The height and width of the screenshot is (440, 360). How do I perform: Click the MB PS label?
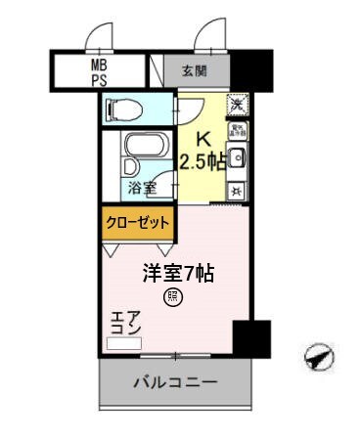99,71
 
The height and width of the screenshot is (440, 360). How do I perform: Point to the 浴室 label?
140,187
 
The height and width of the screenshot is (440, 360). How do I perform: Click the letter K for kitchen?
204,139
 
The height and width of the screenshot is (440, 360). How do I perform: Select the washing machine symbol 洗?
237,103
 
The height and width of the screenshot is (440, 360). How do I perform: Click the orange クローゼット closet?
137,223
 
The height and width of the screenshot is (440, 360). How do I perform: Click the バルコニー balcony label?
175,381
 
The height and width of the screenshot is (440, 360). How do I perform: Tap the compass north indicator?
318,360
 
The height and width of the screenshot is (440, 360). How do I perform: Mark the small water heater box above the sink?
237,130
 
